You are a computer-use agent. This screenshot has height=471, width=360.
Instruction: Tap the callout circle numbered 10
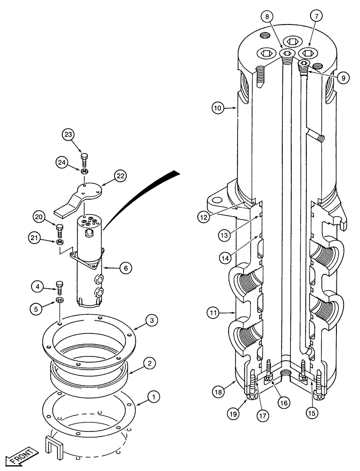(x=218, y=109)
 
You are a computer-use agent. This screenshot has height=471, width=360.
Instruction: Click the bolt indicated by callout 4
(x=59, y=286)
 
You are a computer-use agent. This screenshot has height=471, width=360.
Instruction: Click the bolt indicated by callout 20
(x=59, y=230)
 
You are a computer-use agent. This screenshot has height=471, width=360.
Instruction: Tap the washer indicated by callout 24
(x=85, y=170)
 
